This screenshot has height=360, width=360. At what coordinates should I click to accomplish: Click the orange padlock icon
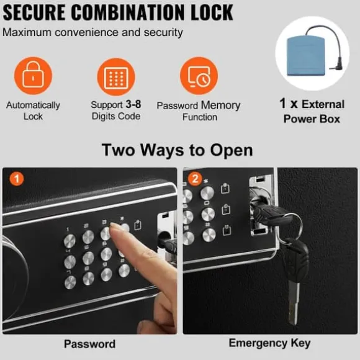tap(33, 75)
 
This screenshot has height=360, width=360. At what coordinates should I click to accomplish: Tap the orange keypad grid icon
tap(116, 77)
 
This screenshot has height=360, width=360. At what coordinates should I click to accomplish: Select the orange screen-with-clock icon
tap(199, 76)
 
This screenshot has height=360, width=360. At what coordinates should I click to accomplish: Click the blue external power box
tap(306, 56)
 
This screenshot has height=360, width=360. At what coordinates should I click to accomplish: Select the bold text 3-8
tap(133, 104)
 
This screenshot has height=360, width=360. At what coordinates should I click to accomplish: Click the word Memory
tap(220, 106)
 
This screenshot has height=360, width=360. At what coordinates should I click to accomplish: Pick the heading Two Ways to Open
tap(178, 150)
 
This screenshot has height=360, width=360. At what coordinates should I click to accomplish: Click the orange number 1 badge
tap(17, 179)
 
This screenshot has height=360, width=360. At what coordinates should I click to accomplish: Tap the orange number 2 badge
tap(195, 179)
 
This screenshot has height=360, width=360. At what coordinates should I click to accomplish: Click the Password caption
tap(89, 344)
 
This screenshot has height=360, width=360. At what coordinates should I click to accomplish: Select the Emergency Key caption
tap(269, 343)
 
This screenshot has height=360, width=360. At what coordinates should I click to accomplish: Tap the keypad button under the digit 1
tap(70, 241)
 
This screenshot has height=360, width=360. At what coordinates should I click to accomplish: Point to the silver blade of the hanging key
tap(294, 303)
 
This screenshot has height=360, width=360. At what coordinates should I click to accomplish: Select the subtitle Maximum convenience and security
tap(92, 32)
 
